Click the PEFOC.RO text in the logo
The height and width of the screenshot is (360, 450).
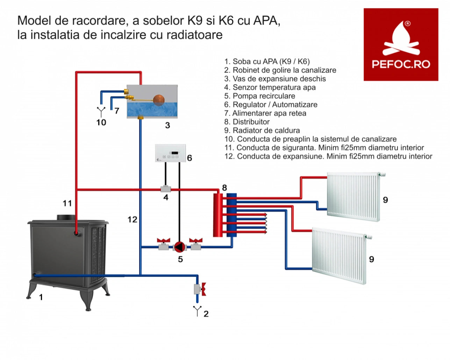point(401,64)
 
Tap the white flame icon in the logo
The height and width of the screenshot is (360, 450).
point(401,38)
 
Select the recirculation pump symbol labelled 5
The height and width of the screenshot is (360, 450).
point(179,247)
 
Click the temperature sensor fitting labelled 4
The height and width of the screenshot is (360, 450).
point(165,189)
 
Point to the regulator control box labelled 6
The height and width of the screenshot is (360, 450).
point(170,153)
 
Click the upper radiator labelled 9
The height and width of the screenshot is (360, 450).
point(353,197)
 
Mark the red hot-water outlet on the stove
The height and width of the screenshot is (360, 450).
point(77,233)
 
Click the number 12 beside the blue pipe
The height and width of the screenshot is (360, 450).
point(132,220)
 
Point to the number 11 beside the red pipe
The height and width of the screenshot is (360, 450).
point(67,203)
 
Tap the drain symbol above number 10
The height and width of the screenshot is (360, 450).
point(101,112)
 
